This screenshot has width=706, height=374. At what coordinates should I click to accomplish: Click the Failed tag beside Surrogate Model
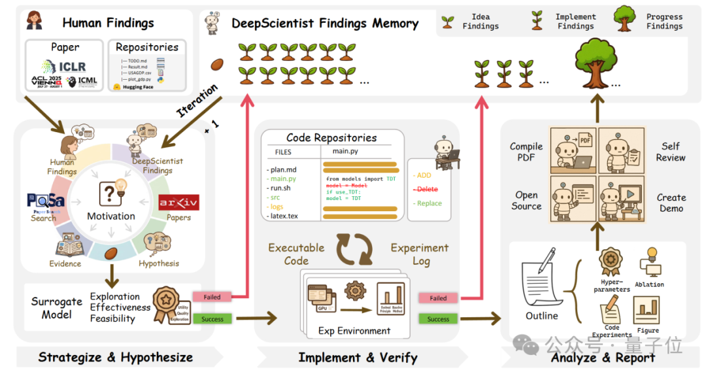coord(212,297)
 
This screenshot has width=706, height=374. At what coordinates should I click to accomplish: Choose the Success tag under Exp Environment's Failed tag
coord(438,319)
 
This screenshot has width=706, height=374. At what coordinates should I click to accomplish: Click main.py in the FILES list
coord(283,179)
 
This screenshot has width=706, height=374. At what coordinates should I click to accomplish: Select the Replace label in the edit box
coord(428,203)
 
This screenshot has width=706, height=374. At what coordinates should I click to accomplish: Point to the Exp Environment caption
coord(354,331)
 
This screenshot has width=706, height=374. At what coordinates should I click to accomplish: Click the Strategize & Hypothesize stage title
coord(115,357)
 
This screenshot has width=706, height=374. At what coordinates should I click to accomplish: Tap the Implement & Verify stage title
coord(358,357)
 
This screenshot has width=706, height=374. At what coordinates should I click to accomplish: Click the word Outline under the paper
coord(542,316)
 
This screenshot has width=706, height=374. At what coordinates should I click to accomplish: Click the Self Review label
coord(671,152)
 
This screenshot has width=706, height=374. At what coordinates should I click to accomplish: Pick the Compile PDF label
coord(526,152)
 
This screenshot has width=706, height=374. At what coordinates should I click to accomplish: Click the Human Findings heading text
coord(108,23)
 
